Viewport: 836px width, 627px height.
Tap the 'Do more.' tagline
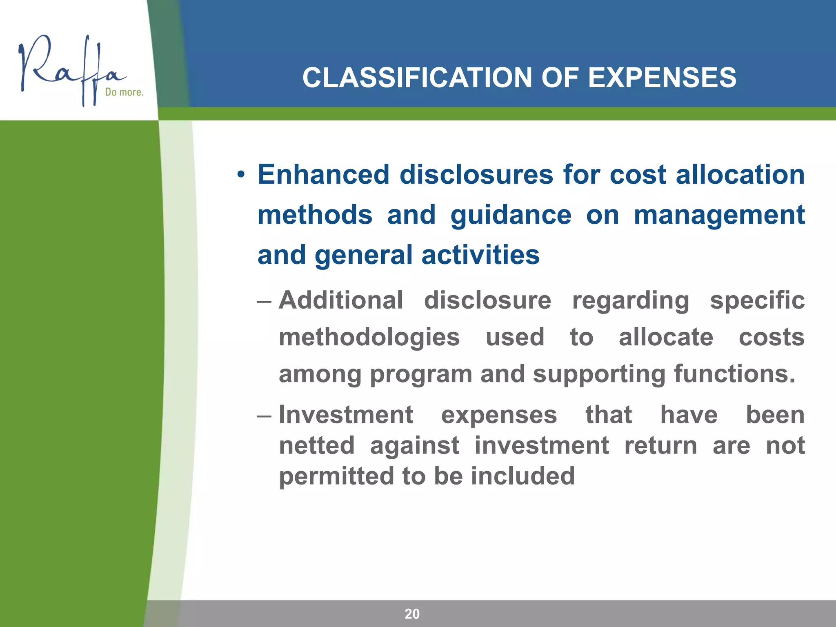pyautogui.click(x=124, y=92)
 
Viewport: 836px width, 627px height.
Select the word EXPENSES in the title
pyautogui.click(x=662, y=78)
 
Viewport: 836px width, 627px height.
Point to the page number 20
pyautogui.click(x=412, y=614)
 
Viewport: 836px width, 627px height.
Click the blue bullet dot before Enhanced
pyautogui.click(x=241, y=175)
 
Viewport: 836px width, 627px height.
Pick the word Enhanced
pyautogui.click(x=323, y=175)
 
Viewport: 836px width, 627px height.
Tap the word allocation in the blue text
pyautogui.click(x=740, y=175)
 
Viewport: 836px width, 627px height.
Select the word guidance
pyautogui.click(x=511, y=215)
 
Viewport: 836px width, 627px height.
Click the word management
pyautogui.click(x=719, y=215)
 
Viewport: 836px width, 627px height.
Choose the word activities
pyautogui.click(x=480, y=255)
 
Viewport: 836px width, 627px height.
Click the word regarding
pyautogui.click(x=631, y=301)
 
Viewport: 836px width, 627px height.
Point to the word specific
pyautogui.click(x=757, y=301)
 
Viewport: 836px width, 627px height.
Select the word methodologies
pyautogui.click(x=369, y=338)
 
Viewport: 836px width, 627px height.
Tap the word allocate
pyautogui.click(x=666, y=338)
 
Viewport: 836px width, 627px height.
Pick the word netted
pyautogui.click(x=317, y=445)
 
